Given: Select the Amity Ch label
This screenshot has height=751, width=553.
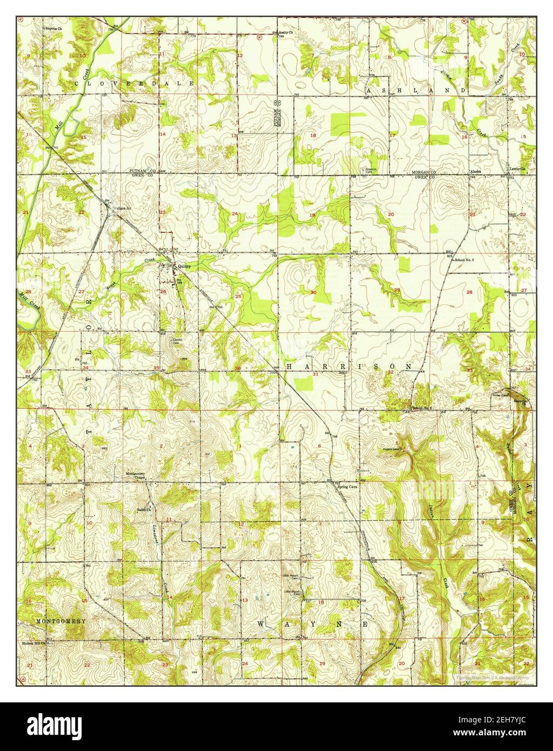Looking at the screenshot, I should coord(285,32).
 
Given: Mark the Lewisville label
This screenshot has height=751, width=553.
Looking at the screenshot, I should coord(517,169).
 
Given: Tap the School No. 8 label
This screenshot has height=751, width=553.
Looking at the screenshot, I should coord(464,260).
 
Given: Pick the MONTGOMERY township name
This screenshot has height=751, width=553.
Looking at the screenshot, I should coord(61,621).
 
